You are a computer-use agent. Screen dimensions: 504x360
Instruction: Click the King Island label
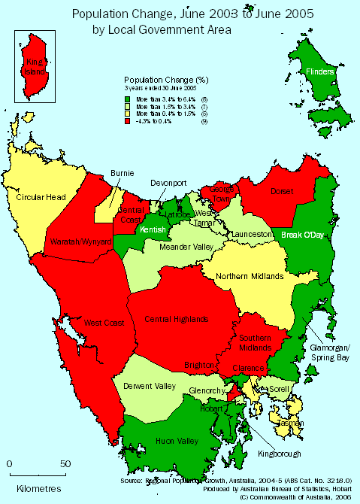(34, 66)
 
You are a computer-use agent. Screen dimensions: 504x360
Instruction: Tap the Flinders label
(321, 71)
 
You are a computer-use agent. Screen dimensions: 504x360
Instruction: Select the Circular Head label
(41, 197)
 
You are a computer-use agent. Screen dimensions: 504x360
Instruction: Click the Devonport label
(168, 183)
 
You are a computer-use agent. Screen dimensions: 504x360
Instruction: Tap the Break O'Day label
(303, 235)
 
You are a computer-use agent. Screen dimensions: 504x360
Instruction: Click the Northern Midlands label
(250, 276)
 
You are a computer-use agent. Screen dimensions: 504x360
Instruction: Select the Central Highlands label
(177, 319)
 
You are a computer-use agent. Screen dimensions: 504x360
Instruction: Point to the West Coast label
(104, 323)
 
